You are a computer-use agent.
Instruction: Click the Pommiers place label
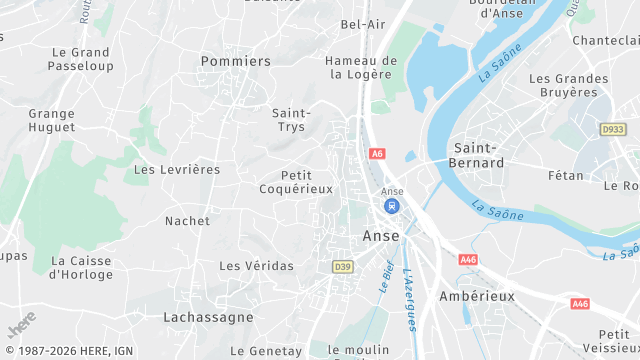pos(236,61)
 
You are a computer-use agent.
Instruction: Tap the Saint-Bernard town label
pos(478,154)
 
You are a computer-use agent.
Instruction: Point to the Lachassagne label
pos(208,316)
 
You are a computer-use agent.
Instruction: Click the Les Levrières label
pos(177,170)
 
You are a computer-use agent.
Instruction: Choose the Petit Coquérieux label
pos(296,182)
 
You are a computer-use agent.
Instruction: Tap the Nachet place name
pos(187,221)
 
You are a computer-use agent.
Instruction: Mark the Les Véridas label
pos(256,266)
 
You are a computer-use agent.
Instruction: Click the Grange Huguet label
pos(52,120)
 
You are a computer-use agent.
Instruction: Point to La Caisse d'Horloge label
pos(81,267)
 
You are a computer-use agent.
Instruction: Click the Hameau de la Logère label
pos(361,67)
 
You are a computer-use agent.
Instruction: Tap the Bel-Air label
pos(363,24)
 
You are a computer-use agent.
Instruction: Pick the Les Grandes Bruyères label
pos(569,85)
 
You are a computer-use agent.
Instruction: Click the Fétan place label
pos(566,175)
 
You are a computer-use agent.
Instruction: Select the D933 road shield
pos(612,129)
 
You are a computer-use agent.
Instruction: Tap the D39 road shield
pos(342,266)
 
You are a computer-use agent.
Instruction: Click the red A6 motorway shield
pos(377,154)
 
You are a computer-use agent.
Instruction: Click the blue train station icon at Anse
pos(392,206)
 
